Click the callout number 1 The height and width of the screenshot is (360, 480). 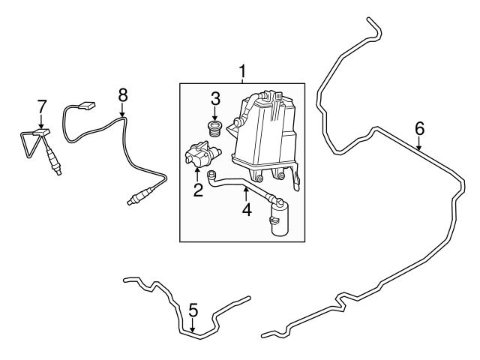pyautogui.click(x=242, y=72)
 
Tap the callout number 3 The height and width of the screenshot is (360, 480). pyautogui.click(x=214, y=97)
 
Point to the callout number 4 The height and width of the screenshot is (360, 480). pyautogui.click(x=245, y=211)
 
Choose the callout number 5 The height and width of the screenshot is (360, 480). pyautogui.click(x=193, y=308)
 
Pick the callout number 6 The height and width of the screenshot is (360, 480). pyautogui.click(x=420, y=128)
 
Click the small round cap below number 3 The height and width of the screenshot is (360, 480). pyautogui.click(x=214, y=129)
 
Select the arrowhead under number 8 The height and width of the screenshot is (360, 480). pyautogui.click(x=123, y=116)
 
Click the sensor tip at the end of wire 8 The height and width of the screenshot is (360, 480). pyautogui.click(x=133, y=199)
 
